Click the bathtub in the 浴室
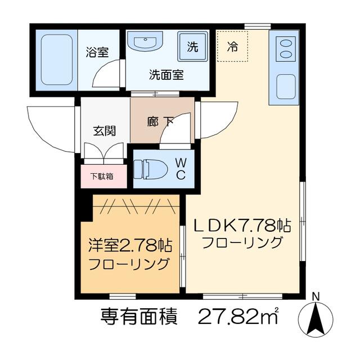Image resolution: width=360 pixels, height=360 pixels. tap(57, 60)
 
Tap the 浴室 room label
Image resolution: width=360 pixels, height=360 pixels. tap(97, 52)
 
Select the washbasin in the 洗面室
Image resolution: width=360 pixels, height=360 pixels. tap(145, 40)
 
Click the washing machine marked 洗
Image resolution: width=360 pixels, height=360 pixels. tap(192, 47)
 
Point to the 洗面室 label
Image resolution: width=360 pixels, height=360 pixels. tap(166, 74)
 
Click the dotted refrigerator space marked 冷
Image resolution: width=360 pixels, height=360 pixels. tap(232, 46)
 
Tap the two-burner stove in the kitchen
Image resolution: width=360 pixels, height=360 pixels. tap(285, 49)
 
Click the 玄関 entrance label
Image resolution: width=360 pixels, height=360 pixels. tap(105, 130)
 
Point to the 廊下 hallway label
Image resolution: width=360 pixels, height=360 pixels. tap(160, 121)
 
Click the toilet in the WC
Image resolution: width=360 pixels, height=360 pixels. tap(151, 169)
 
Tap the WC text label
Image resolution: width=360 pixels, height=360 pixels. tap(181, 169)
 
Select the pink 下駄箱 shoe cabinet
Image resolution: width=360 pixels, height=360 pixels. tap(103, 176)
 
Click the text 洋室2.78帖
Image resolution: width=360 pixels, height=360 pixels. tap(130, 245)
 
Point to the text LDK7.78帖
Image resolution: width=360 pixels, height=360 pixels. tap(242, 226)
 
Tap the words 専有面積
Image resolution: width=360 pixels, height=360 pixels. tap(139, 316)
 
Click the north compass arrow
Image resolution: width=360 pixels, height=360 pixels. tap(317, 319)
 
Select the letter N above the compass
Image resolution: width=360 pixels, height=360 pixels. tap(317, 297)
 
